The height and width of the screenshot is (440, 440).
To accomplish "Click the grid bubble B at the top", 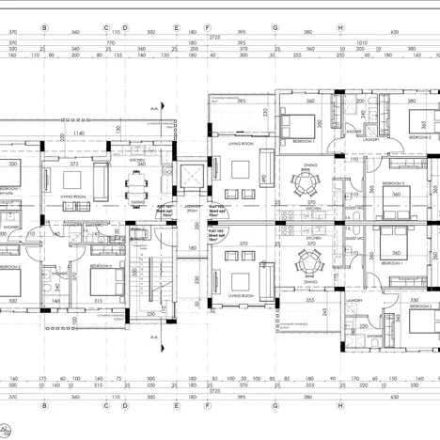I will [x=44, y=27].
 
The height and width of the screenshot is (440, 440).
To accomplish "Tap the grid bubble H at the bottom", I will [x=339, y=406].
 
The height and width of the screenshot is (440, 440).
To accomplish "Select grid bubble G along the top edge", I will [x=275, y=27].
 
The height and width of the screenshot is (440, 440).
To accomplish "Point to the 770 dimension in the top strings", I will [x=110, y=43].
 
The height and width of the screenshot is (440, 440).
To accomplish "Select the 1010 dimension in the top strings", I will [x=363, y=43].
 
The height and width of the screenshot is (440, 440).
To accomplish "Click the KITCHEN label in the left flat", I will [x=137, y=161].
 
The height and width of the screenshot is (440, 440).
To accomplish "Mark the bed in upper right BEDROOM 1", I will [x=299, y=122].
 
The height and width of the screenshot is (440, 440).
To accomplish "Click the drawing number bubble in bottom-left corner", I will [x=8, y=430].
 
